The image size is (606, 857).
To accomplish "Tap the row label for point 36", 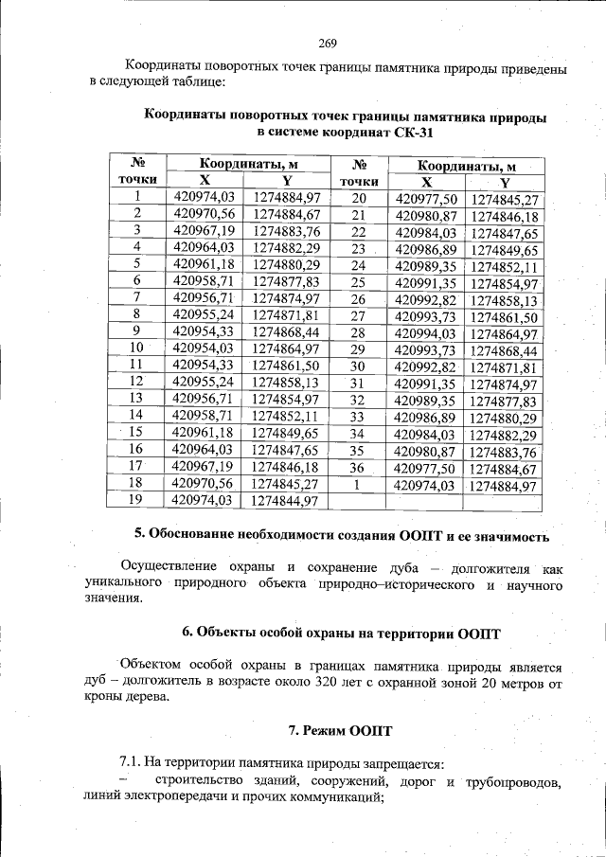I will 357,467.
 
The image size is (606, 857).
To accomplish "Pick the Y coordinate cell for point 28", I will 504,333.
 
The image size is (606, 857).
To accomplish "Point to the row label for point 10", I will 137,348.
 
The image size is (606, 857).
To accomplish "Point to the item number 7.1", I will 131,763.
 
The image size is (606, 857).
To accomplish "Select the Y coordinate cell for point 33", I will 504,417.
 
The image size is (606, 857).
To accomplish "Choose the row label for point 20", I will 358,198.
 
